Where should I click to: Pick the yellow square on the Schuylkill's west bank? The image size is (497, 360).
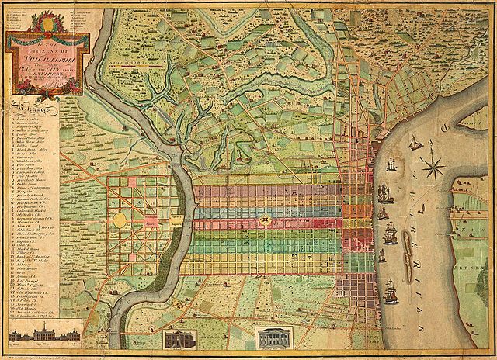point(176,222)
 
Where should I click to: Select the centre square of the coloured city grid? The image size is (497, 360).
point(267,220)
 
